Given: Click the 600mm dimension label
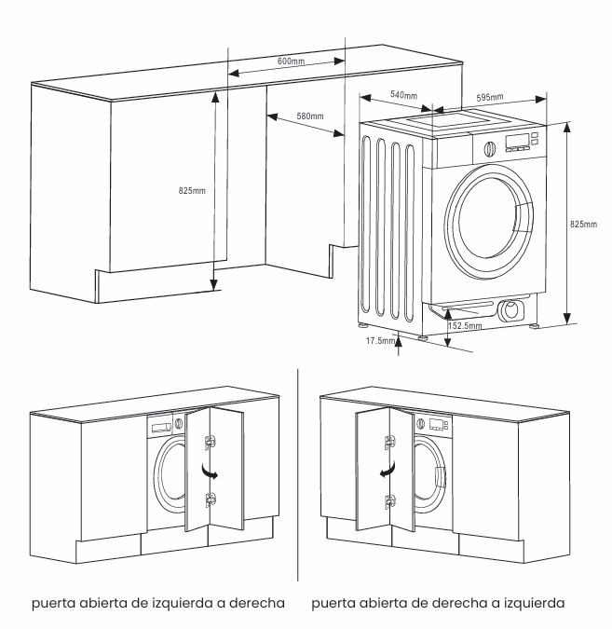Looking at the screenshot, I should click(291, 61).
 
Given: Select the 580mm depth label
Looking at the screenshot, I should click(309, 116).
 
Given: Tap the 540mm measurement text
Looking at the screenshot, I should click(402, 96).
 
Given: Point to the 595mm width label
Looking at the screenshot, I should click(489, 97).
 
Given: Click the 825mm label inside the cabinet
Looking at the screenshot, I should click(192, 190).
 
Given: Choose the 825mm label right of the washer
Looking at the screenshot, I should click(583, 225).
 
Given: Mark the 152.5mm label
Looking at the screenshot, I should click(466, 326).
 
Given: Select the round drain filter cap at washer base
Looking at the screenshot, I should click(510, 311).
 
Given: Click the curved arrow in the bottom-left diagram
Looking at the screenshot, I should click(214, 474).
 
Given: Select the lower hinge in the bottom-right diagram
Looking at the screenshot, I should click(381, 499).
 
